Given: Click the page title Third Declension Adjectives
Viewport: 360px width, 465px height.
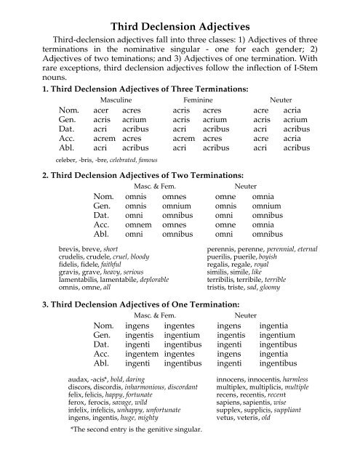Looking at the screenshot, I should [x=180, y=10].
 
